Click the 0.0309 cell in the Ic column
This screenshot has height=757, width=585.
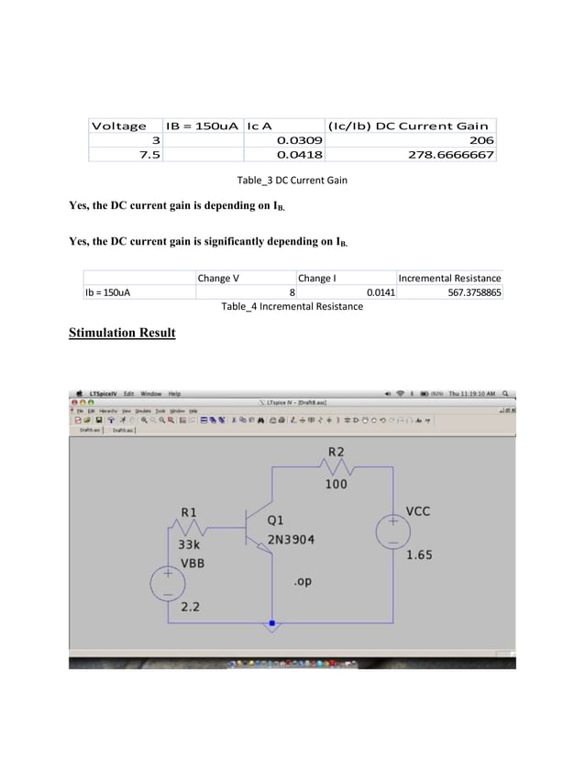299,140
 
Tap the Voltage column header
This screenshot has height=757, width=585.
117,126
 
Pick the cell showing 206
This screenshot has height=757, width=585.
481,140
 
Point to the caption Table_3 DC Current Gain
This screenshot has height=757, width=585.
292,181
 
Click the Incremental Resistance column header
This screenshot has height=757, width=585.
449,278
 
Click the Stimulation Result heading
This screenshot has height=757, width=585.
122,333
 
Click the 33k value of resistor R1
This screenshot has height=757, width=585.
189,543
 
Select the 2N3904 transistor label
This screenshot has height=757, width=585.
291,539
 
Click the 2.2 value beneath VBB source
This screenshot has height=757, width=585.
191,607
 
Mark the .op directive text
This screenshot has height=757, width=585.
303,581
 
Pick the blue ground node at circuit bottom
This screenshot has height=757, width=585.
271,624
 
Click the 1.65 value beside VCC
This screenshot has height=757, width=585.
420,554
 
